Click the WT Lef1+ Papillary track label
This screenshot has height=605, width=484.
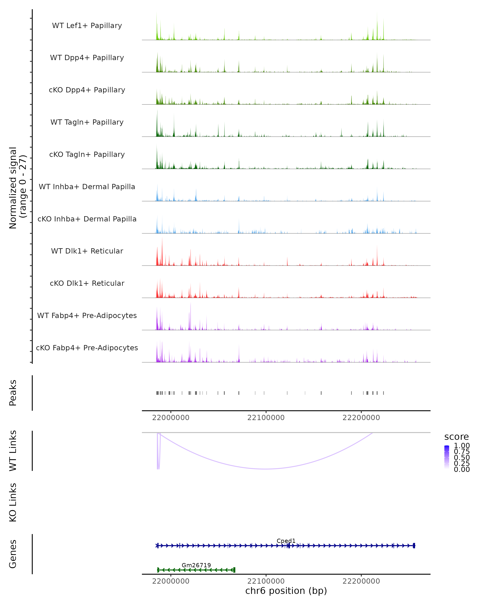[x=87, y=26]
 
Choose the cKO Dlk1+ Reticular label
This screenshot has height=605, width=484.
[x=87, y=283]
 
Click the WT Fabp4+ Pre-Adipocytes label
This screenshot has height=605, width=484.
[x=87, y=315]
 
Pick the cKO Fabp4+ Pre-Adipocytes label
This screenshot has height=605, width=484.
[x=87, y=348]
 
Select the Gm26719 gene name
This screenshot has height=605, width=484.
[x=196, y=565]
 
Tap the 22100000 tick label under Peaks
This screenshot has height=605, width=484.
[x=266, y=418]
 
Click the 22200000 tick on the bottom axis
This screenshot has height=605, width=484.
[x=361, y=581]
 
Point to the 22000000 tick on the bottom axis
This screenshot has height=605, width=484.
[x=171, y=581]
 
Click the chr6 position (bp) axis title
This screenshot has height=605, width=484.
[x=286, y=591]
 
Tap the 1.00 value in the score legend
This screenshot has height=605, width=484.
[x=462, y=446]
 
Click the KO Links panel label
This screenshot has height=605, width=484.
[x=13, y=503]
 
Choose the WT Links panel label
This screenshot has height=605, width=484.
[x=13, y=451]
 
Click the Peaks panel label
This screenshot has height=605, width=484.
[x=13, y=393]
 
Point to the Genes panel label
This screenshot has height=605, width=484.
[x=13, y=554]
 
